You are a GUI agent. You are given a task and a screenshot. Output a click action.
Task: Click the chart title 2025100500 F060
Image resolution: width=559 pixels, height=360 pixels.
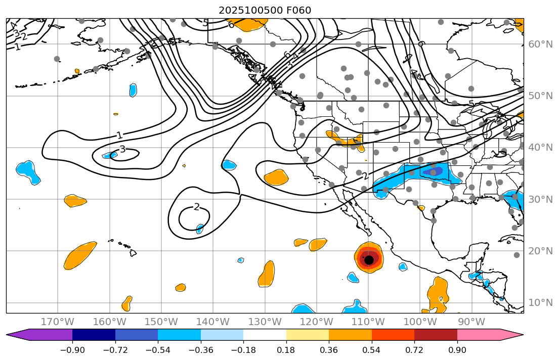click(x=265, y=10)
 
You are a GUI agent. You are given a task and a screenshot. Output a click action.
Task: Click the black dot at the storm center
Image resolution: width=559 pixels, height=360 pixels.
click(x=369, y=260)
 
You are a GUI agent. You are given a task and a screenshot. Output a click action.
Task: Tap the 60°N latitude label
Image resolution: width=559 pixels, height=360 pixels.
click(x=540, y=44)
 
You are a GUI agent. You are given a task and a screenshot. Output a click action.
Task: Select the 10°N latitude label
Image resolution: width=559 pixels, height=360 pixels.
click(x=540, y=303)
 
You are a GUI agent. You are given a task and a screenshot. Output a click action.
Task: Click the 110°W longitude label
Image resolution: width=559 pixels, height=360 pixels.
click(x=368, y=322)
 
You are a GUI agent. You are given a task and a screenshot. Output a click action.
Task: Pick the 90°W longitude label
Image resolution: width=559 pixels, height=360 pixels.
click(x=471, y=322)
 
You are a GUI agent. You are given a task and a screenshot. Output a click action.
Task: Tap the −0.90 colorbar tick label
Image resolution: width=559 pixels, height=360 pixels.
click(x=72, y=350)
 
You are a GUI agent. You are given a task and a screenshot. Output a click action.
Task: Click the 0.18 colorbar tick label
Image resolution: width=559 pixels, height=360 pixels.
click(x=286, y=350)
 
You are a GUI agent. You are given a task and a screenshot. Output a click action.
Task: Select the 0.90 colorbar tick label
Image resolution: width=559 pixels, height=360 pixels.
click(x=457, y=350)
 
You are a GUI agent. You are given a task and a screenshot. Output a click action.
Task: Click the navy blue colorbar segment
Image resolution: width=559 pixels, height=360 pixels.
click(x=94, y=334)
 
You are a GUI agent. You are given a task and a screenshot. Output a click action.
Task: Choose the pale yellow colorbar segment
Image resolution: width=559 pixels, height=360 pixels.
click(x=308, y=334)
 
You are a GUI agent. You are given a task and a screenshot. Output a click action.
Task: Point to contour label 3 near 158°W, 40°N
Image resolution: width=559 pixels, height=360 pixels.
click(x=122, y=149)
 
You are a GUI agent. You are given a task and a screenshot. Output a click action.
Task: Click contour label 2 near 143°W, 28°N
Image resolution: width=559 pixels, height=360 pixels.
click(x=196, y=207)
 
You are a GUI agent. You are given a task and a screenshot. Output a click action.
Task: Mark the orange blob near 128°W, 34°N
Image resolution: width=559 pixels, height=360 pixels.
click(x=276, y=177)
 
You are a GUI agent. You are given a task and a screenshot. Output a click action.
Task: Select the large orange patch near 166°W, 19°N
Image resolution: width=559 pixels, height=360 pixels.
click(x=79, y=255)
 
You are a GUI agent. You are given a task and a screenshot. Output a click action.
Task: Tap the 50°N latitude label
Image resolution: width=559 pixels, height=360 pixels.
click(x=540, y=96)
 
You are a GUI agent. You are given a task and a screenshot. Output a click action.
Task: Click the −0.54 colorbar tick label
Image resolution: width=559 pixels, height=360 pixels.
click(x=158, y=350)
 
